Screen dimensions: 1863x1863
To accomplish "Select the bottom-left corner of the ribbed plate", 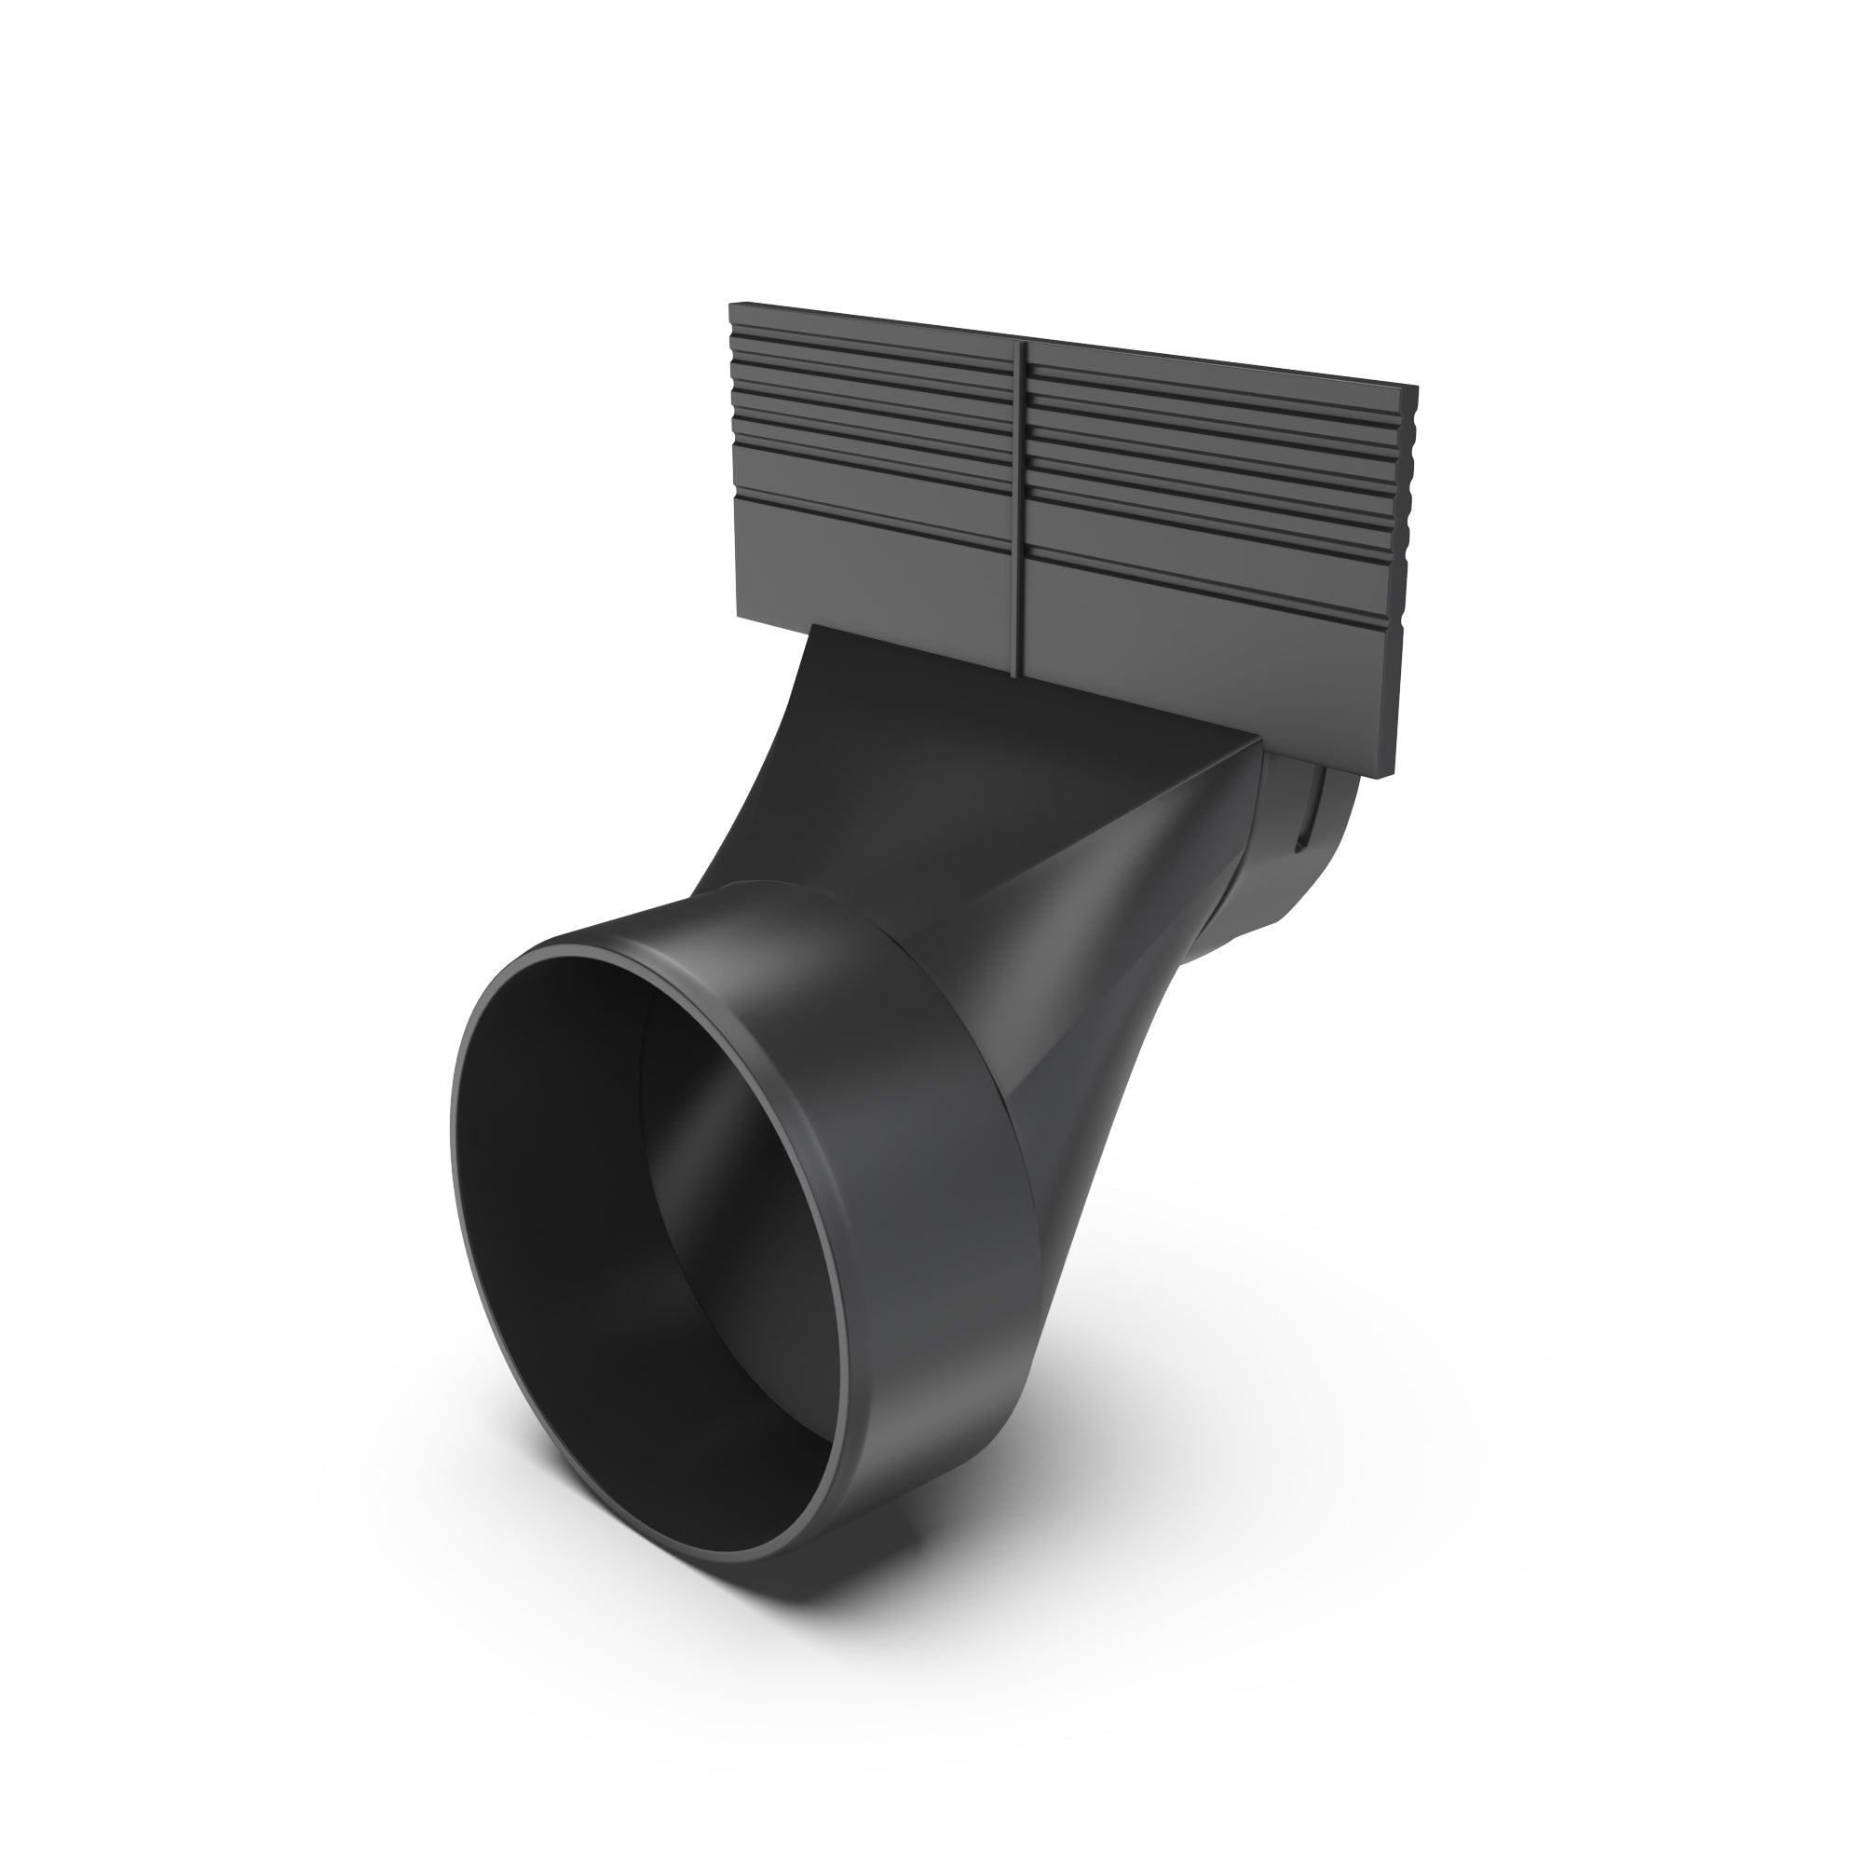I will point(738,618).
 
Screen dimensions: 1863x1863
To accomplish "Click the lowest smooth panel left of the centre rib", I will point(868,569).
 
